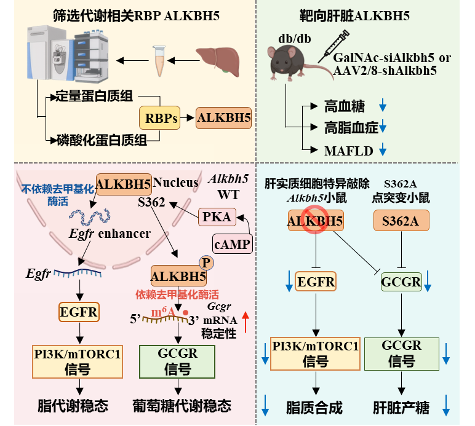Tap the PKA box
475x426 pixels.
click(x=217, y=216)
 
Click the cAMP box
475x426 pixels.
click(x=233, y=244)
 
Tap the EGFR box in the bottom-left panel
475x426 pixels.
click(x=79, y=312)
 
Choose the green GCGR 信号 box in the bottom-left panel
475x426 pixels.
click(x=177, y=360)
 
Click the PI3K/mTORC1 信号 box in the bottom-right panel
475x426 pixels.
click(x=315, y=354)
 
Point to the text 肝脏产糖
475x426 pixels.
click(x=401, y=408)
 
